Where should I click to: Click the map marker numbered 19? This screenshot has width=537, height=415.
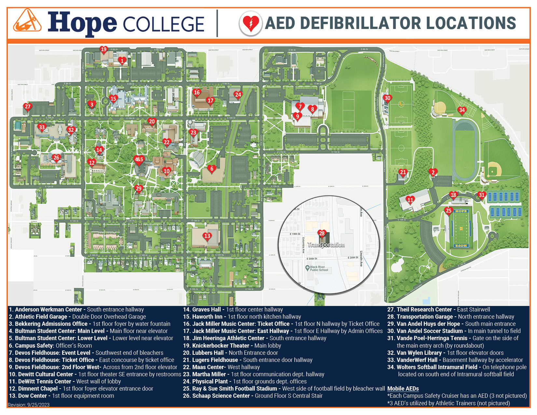click(x=103, y=49)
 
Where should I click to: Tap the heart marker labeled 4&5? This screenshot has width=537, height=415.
click(x=139, y=159)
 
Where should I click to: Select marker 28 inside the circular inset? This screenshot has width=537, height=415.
click(x=322, y=233)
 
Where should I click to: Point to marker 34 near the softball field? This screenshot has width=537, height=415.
click(x=462, y=110)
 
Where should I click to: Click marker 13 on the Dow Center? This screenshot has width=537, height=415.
click(x=207, y=236)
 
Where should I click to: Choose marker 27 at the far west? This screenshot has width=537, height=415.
click(x=28, y=106)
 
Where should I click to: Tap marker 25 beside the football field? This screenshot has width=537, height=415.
click(x=448, y=211)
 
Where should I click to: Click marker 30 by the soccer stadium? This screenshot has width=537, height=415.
click(x=387, y=98)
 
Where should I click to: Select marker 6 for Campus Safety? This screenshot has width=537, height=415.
click(x=212, y=169)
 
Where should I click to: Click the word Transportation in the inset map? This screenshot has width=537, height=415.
click(x=326, y=245)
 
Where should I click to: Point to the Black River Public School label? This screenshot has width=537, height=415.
click(x=319, y=268)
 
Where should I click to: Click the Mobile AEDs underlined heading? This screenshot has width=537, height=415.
click(x=403, y=389)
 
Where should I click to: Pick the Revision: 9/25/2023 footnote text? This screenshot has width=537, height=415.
click(x=29, y=405)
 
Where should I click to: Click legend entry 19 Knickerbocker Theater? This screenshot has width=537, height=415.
click(x=232, y=346)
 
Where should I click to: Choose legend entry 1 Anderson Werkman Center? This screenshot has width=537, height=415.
click(x=76, y=310)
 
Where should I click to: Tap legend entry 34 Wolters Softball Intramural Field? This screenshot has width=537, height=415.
click(x=457, y=367)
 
